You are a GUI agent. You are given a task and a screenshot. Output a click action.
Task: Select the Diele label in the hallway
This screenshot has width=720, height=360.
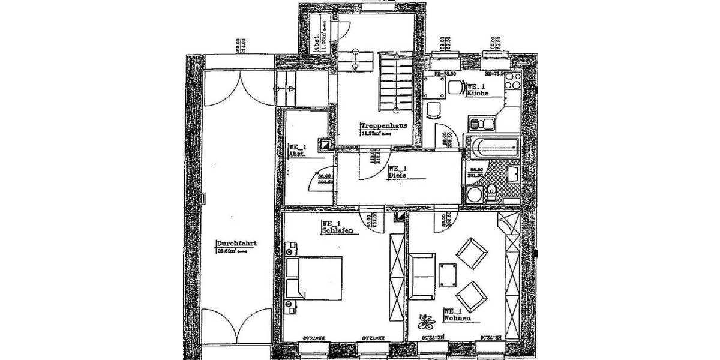(398, 176)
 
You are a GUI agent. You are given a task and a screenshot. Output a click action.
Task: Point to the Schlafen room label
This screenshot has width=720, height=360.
(336, 230)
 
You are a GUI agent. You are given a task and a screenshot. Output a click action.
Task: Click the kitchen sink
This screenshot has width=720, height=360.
(481, 125)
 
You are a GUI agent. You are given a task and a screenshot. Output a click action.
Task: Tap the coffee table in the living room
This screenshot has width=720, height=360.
(448, 275)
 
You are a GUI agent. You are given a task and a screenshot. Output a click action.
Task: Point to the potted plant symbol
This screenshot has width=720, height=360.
(427, 322)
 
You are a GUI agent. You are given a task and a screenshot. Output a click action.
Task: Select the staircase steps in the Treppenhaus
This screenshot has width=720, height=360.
(394, 82)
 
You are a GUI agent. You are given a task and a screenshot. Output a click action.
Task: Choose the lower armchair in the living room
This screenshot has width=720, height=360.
(472, 295)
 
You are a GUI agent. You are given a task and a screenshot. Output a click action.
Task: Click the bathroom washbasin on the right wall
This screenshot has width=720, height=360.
(514, 175)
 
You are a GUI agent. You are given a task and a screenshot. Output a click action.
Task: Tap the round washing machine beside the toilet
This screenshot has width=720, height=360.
(474, 195)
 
